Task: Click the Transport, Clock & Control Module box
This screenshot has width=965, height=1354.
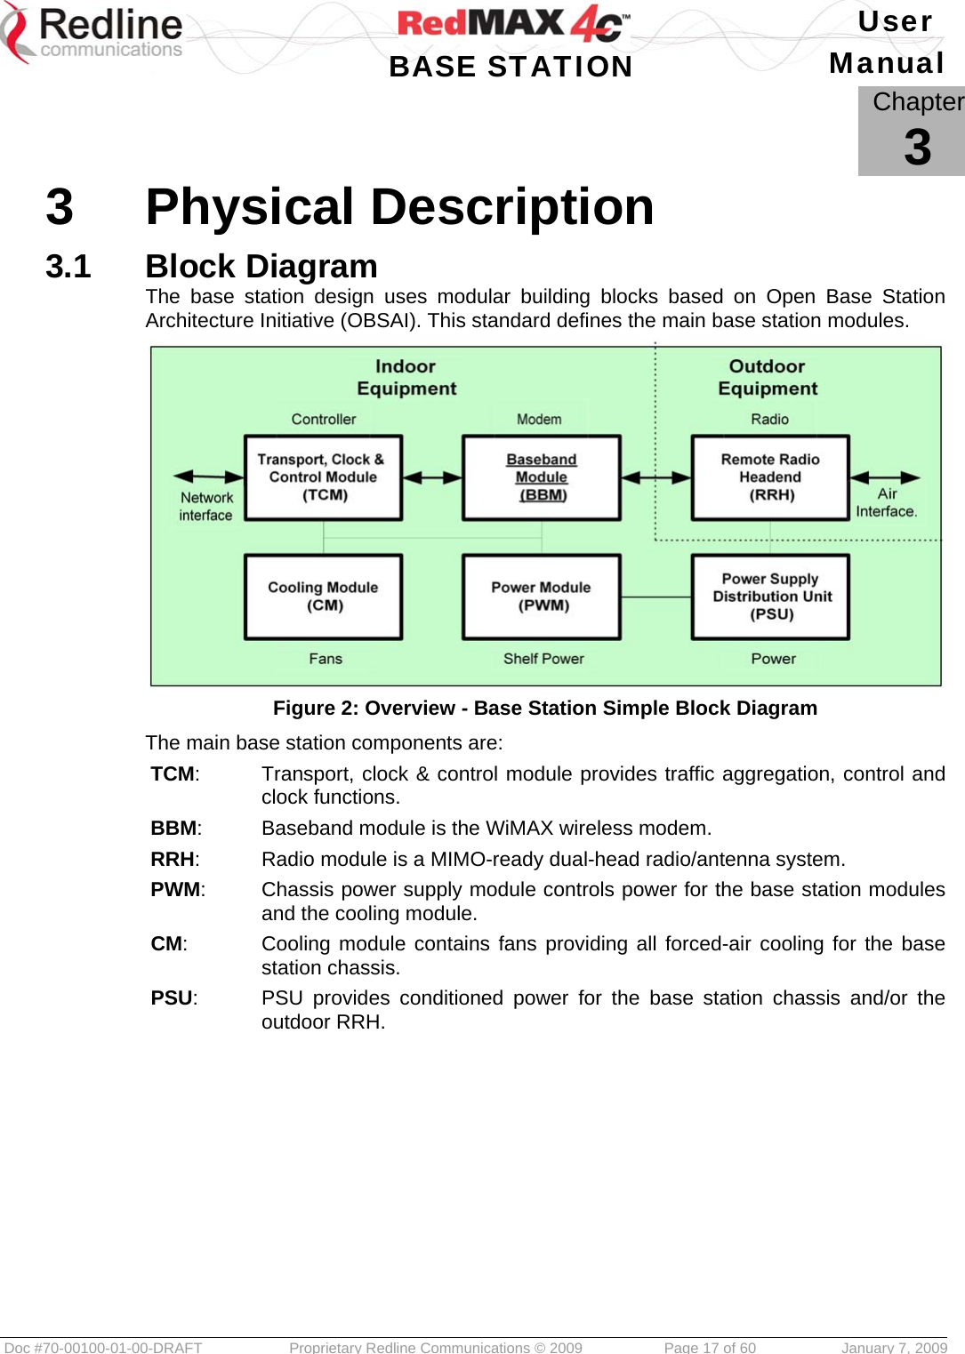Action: (x=323, y=477)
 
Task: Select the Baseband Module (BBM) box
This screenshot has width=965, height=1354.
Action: (x=541, y=477)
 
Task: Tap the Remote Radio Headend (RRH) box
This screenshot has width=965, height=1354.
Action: (x=770, y=477)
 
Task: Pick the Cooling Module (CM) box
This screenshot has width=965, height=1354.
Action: (x=323, y=597)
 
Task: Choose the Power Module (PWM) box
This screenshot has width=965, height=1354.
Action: (x=541, y=597)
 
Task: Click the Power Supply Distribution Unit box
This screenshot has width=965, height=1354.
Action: (x=770, y=597)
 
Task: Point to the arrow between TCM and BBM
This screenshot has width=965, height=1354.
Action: (x=432, y=477)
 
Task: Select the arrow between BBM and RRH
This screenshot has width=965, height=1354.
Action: (x=655, y=477)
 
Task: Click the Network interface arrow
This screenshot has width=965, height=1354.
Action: (x=208, y=477)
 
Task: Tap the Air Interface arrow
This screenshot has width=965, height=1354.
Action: (x=885, y=477)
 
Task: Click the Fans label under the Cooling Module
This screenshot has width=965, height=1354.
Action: (x=326, y=659)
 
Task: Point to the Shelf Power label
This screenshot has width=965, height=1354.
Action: (x=543, y=659)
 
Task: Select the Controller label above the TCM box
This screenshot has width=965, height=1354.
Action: (x=324, y=419)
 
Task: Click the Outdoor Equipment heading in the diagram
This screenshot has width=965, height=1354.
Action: (x=768, y=378)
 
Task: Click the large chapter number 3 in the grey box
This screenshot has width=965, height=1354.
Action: (x=917, y=148)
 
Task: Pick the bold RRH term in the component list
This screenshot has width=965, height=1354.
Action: (x=173, y=860)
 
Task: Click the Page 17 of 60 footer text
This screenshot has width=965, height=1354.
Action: (x=710, y=1347)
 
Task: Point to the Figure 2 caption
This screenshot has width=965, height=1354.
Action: (x=544, y=709)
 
